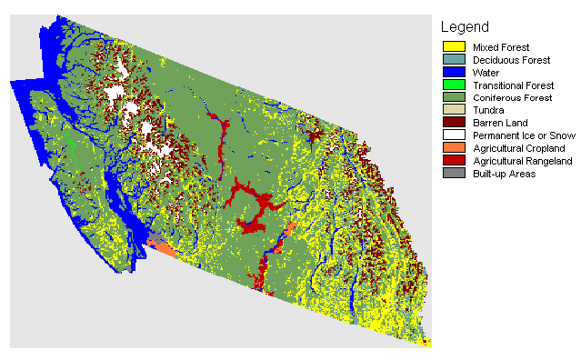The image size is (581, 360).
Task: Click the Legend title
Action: pyautogui.click(x=465, y=27)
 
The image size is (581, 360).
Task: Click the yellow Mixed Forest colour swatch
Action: pyautogui.click(x=454, y=46)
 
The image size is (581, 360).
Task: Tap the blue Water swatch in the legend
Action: pyautogui.click(x=454, y=72)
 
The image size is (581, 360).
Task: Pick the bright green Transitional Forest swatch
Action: pyautogui.click(x=454, y=85)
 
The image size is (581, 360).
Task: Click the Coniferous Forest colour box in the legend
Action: pyautogui.click(x=454, y=97)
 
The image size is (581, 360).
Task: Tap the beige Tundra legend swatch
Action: pyautogui.click(x=454, y=110)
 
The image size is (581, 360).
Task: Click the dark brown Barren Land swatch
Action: pyautogui.click(x=454, y=123)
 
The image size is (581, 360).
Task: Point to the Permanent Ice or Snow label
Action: pyautogui.click(x=519, y=135)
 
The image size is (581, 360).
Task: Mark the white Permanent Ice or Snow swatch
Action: pyautogui.click(x=454, y=135)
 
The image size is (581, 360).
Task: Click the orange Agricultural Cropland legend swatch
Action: pyautogui.click(x=454, y=148)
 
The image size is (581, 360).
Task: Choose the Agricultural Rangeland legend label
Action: pyautogui.click(x=519, y=161)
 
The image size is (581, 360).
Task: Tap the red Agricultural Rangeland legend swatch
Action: pyautogui.click(x=454, y=161)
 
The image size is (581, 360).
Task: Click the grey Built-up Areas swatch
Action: pyautogui.click(x=454, y=174)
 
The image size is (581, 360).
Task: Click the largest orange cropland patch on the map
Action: pyautogui.click(x=162, y=246)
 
